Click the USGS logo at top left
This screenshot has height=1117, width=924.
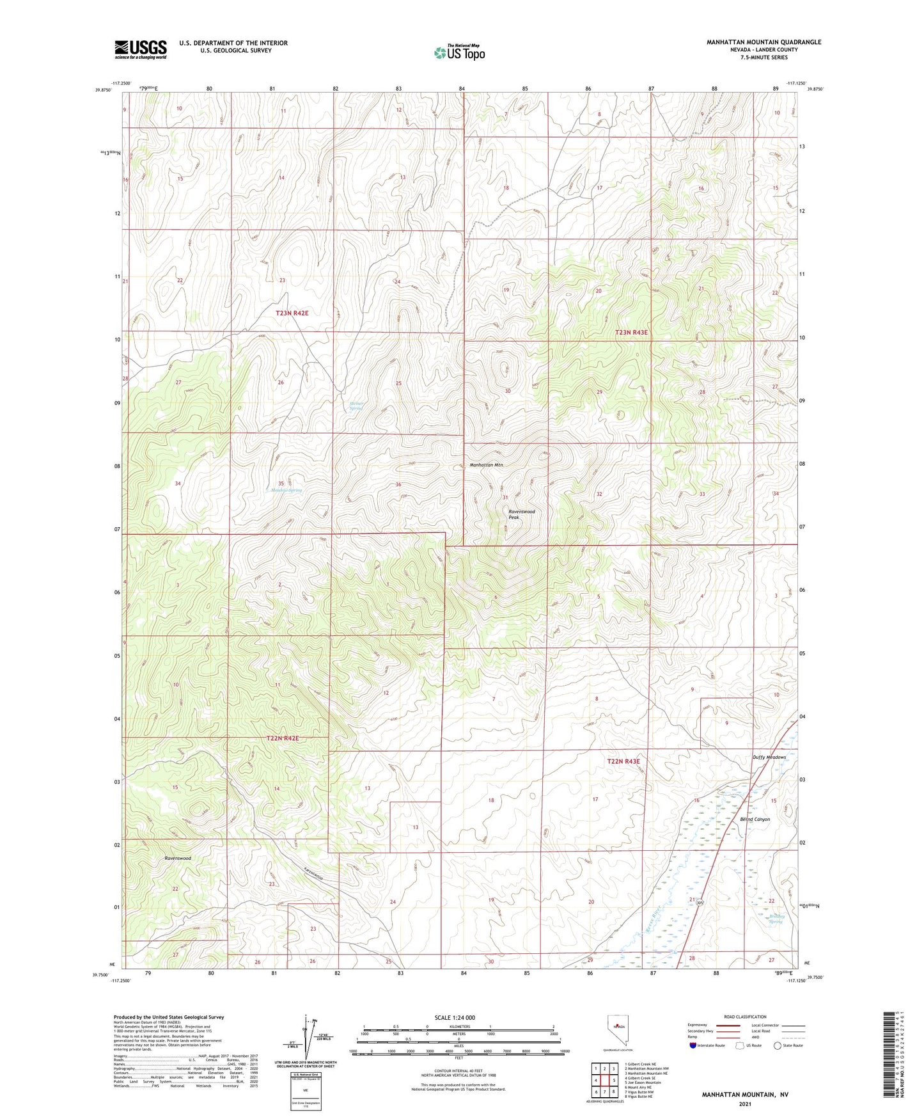(141, 49)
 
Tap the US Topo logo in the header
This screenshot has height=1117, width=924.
(458, 52)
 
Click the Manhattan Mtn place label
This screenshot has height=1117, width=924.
(487, 465)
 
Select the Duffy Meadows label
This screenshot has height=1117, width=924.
(769, 757)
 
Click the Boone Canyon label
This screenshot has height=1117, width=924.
(755, 819)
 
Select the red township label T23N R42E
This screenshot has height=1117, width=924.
(292, 313)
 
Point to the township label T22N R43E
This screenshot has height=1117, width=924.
(623, 761)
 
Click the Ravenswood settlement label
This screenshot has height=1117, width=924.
(177, 859)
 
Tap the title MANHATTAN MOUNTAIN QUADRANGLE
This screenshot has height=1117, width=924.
(763, 42)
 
